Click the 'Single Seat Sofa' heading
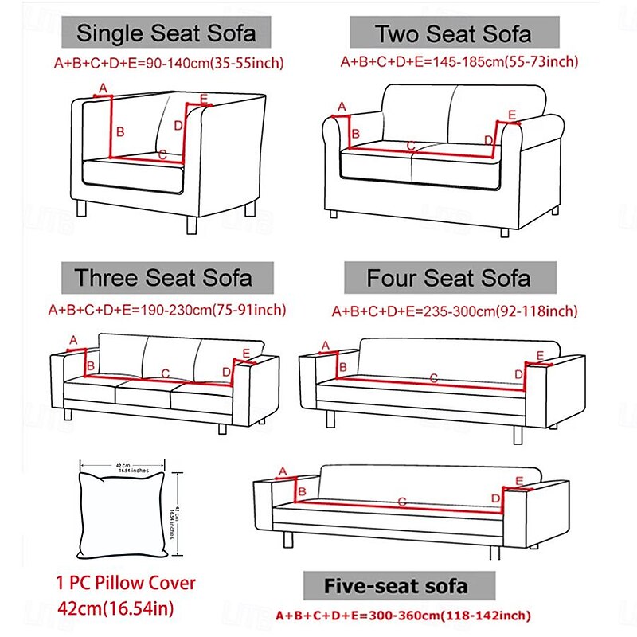[x=166, y=33]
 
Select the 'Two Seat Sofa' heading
[x=454, y=34]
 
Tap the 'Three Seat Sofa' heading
[x=163, y=278]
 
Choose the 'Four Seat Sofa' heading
[x=448, y=278]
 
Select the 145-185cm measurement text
[x=459, y=61]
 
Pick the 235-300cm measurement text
[x=455, y=311]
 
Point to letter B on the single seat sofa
[x=120, y=132]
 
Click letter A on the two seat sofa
[x=342, y=106]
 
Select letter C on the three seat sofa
[x=165, y=373]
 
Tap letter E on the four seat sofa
[x=518, y=355]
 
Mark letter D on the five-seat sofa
[x=495, y=498]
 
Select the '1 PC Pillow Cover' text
[x=126, y=583]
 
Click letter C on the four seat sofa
[x=434, y=377]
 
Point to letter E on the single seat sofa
[x=204, y=98]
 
